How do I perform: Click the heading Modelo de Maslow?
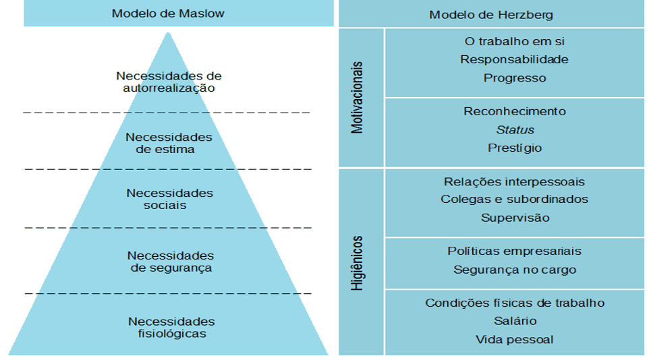coord(168,13)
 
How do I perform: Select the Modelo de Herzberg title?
coord(491,15)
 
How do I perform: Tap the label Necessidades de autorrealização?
coord(169,82)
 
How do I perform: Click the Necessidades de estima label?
coord(169,143)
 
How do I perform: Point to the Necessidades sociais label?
coord(169,199)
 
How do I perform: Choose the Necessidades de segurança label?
coord(171,262)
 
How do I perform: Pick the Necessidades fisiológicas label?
coord(171,328)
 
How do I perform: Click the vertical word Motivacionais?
coord(357,98)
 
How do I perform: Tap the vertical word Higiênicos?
coord(357,263)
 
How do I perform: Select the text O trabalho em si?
coord(515,42)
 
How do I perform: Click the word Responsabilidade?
coord(515,59)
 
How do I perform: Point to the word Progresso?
coord(515,78)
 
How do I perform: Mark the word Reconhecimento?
coord(515,111)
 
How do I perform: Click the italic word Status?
coord(515,130)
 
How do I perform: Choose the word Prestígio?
coord(515,148)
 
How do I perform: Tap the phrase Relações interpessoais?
coord(515,181)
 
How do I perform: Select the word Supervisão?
coord(515,218)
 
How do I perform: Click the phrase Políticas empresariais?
coord(515,251)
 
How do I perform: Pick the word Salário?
coord(515,321)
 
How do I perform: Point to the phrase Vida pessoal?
coord(515,340)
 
